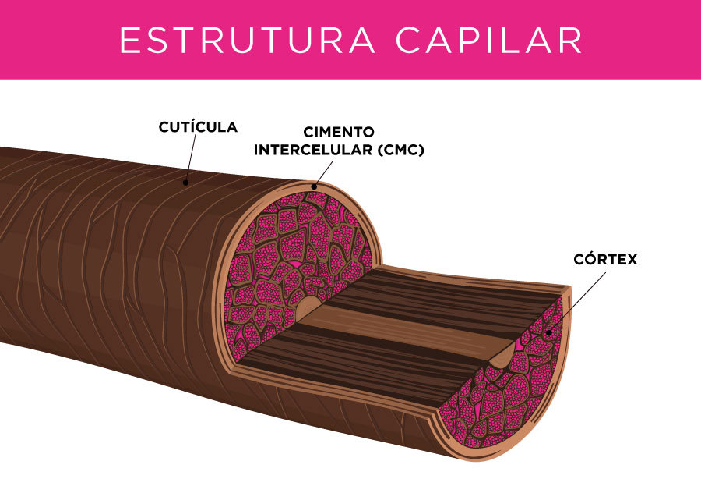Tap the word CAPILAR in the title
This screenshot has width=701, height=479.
[x=488, y=41]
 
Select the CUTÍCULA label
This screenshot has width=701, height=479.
[x=198, y=126]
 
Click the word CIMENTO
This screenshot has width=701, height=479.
[x=339, y=133]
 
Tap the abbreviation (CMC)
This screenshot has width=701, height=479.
[x=400, y=150]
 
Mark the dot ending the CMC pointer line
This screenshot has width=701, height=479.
[x=314, y=186]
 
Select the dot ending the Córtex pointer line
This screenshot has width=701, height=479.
[x=549, y=332]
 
